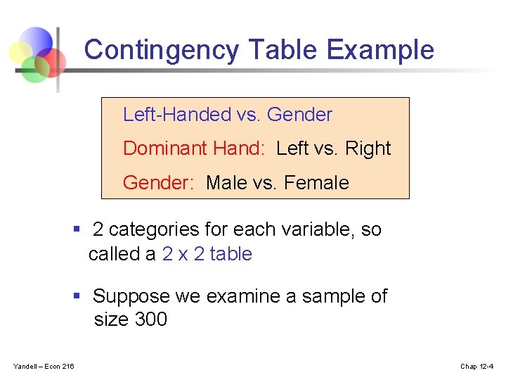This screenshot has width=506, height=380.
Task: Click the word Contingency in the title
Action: click(162, 51)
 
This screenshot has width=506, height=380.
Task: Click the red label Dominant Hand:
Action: click(197, 148)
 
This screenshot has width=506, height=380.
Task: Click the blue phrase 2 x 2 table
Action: click(207, 254)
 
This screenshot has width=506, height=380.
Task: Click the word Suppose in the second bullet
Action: click(131, 296)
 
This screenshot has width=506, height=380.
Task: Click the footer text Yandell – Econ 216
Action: click(44, 366)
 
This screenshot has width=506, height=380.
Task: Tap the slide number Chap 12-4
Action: click(476, 366)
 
